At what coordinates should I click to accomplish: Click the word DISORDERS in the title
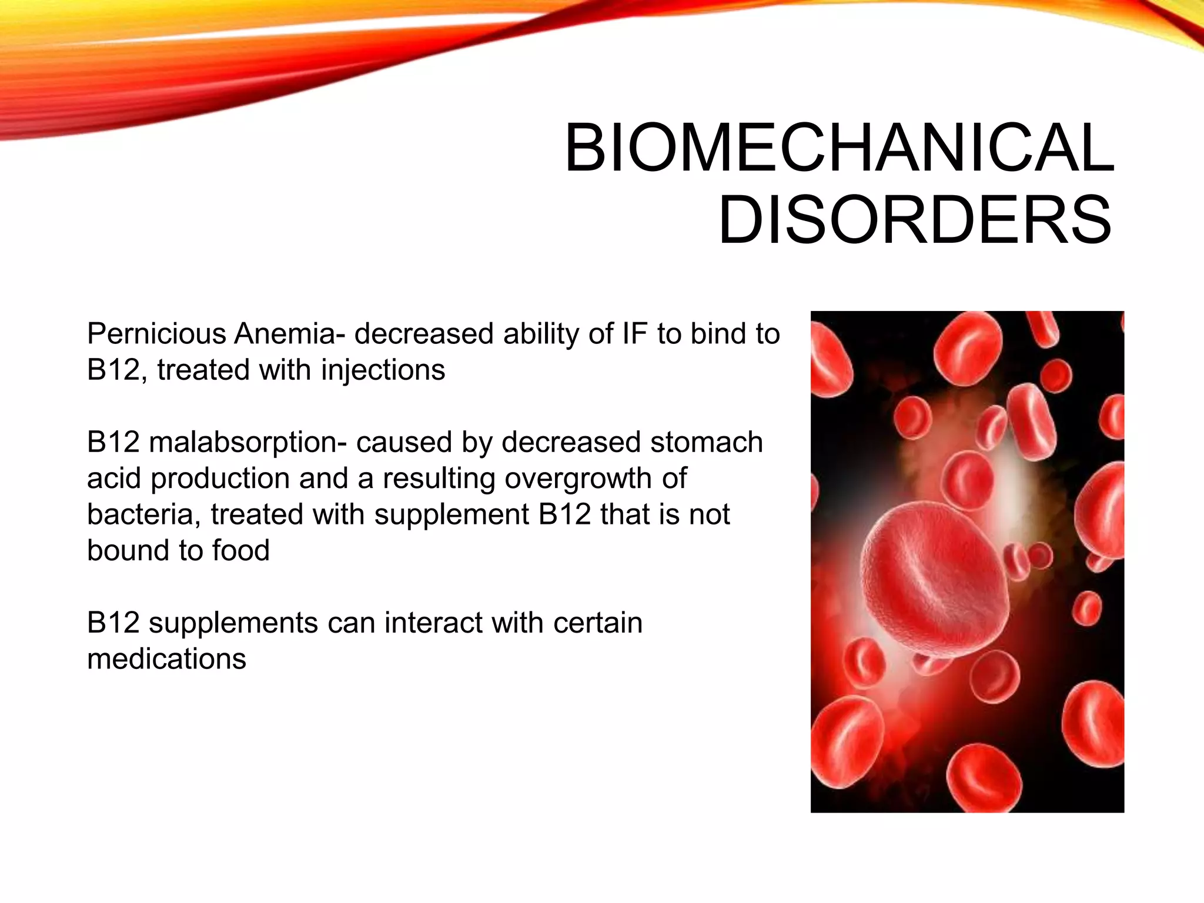click(x=915, y=220)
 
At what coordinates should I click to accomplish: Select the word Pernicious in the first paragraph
click(x=156, y=334)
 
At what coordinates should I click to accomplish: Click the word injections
click(x=383, y=370)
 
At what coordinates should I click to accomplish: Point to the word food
click(x=240, y=551)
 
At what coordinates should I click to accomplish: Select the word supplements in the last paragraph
click(x=233, y=623)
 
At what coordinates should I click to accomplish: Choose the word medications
click(x=166, y=659)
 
